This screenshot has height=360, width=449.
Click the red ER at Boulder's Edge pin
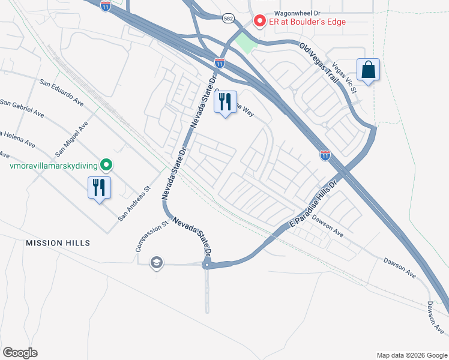[x=260, y=21]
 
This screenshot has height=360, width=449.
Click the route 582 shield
[x=228, y=19]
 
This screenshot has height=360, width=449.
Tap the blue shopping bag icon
[x=368, y=70]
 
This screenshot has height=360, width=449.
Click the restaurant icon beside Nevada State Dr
[x=226, y=103]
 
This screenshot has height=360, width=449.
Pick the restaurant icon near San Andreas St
[x=100, y=187]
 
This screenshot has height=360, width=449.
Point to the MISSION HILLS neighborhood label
[x=58, y=243]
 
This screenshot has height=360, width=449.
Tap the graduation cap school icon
[x=157, y=262]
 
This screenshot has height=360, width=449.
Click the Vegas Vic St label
[x=345, y=79]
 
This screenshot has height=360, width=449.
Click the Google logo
[x=20, y=352]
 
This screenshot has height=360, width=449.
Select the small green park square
[x=245, y=42]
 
